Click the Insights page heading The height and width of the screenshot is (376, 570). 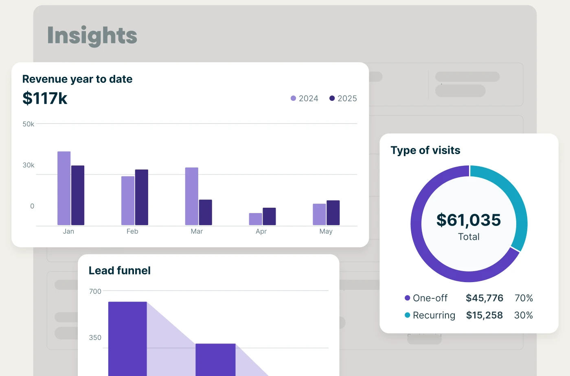92,35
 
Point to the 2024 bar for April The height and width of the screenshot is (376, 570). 255,219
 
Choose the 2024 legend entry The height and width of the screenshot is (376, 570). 305,98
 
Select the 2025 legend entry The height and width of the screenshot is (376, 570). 343,98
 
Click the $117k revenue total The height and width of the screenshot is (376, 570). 45,98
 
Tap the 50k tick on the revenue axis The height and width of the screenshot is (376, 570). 28,124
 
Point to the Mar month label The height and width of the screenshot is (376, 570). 197,231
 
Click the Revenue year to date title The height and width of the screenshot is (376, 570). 77,79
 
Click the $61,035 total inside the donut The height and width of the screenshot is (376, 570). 469,220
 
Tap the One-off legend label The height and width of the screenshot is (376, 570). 430,298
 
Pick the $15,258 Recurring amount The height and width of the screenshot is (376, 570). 484,315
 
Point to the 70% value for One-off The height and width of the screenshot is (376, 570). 524,298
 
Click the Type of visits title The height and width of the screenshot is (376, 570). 425,150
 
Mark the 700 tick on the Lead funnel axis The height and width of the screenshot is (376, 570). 95,291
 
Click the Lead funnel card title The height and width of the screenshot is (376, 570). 120,271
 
